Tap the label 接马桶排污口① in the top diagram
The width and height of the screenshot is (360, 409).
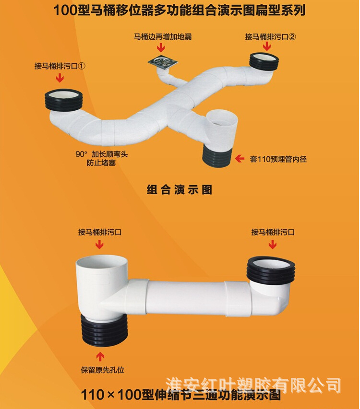60,66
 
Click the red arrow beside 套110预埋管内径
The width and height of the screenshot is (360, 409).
240,158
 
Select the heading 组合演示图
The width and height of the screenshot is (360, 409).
179,189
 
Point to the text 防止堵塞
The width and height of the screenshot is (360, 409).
98,163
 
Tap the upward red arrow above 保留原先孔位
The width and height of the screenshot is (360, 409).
100,356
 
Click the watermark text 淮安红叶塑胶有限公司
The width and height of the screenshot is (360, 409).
253,385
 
